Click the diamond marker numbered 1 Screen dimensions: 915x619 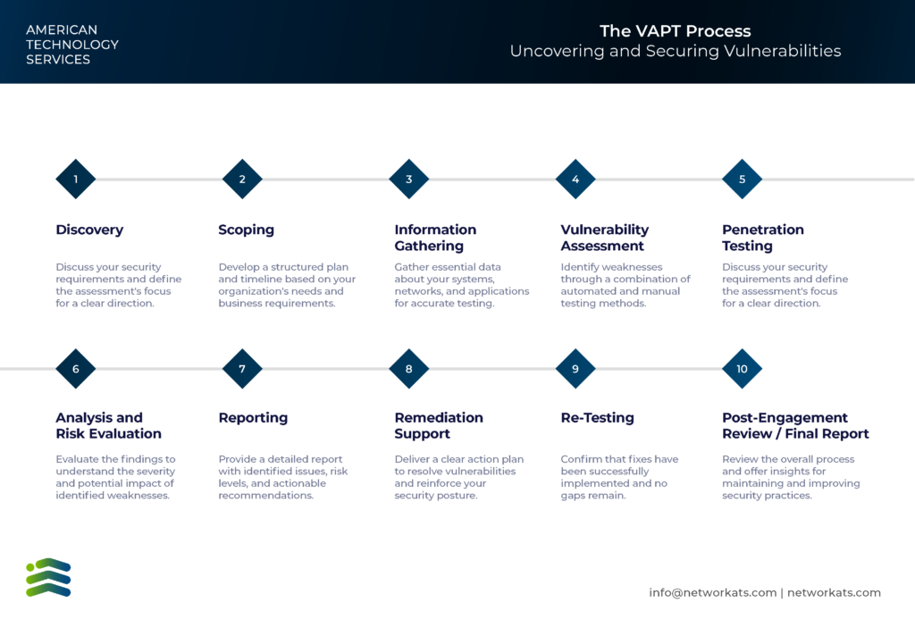tap(76, 180)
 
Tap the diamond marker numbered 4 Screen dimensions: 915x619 tap(575, 180)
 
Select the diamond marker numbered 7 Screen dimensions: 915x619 tap(242, 369)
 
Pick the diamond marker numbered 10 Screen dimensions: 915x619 tap(743, 369)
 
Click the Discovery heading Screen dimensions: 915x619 tap(89, 230)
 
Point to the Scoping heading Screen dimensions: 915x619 tap(247, 230)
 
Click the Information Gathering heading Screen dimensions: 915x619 tap(435, 238)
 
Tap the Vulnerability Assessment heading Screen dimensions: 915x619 tap(605, 238)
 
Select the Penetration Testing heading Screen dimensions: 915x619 tap(763, 238)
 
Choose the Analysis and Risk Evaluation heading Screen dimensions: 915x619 tap(108, 426)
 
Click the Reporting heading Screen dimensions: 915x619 tap(253, 418)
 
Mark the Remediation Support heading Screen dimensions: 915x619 tap(439, 426)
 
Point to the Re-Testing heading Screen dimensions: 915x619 tap(597, 418)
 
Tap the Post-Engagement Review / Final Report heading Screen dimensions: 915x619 tap(795, 426)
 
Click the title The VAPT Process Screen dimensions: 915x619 tap(676, 31)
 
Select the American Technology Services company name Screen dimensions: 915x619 tap(72, 45)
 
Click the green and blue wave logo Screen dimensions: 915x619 tap(48, 578)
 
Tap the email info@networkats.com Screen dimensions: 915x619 tap(712, 593)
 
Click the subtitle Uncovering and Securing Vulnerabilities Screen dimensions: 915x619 tap(676, 51)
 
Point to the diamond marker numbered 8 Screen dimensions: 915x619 tap(409, 369)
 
